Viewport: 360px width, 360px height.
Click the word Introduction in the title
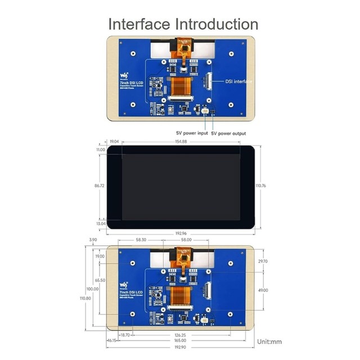(x=217, y=24)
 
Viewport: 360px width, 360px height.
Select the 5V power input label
(x=192, y=133)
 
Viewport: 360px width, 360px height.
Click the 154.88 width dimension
(x=180, y=142)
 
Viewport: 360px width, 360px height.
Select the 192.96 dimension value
(x=180, y=233)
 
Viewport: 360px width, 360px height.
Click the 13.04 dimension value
(x=100, y=223)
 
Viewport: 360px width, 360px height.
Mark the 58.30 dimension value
(x=142, y=240)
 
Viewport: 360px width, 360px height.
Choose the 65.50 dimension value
(x=100, y=280)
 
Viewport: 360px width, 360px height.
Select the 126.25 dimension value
(x=180, y=335)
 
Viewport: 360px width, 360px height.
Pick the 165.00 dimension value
(x=180, y=341)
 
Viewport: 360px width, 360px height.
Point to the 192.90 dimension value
(x=180, y=347)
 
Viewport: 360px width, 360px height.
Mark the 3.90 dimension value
(x=93, y=240)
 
